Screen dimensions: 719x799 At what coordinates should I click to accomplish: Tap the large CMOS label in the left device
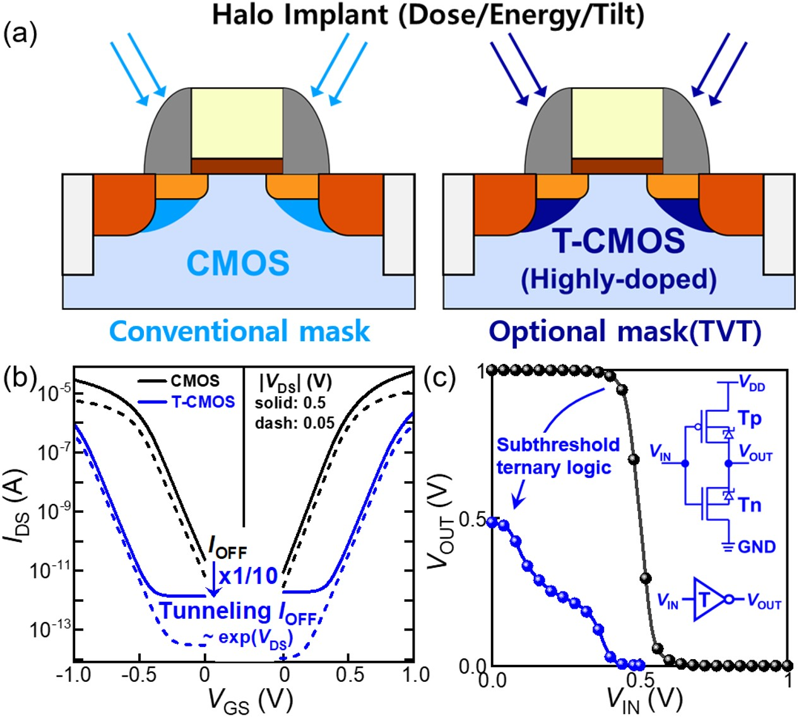click(x=238, y=262)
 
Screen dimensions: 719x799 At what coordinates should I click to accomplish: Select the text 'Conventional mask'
click(x=240, y=331)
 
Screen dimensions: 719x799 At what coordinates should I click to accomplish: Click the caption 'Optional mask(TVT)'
click(x=625, y=331)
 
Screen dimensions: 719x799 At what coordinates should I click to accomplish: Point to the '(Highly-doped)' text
click(x=618, y=279)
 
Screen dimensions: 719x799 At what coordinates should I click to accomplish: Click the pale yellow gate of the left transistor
click(x=237, y=123)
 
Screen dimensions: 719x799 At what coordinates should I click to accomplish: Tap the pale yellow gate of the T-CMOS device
click(x=617, y=123)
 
